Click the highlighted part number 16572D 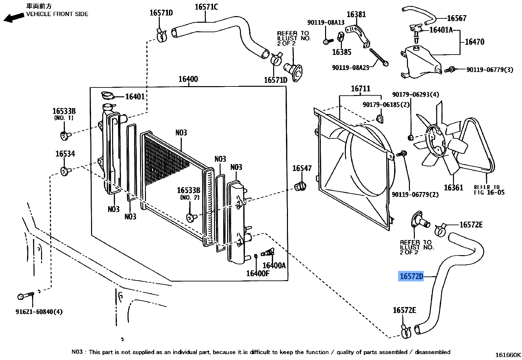[411, 276]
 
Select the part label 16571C [206, 7]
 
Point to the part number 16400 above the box [188, 79]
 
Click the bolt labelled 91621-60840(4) [26, 296]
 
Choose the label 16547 [302, 168]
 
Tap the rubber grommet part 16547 [300, 186]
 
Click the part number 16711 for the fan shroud [361, 88]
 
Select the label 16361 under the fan [454, 188]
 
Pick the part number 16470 [474, 42]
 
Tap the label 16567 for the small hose [457, 18]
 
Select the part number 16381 [356, 14]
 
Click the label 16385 [342, 52]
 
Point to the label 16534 [65, 154]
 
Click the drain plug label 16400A [274, 265]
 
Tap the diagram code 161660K [508, 355]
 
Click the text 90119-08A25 [351, 68]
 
